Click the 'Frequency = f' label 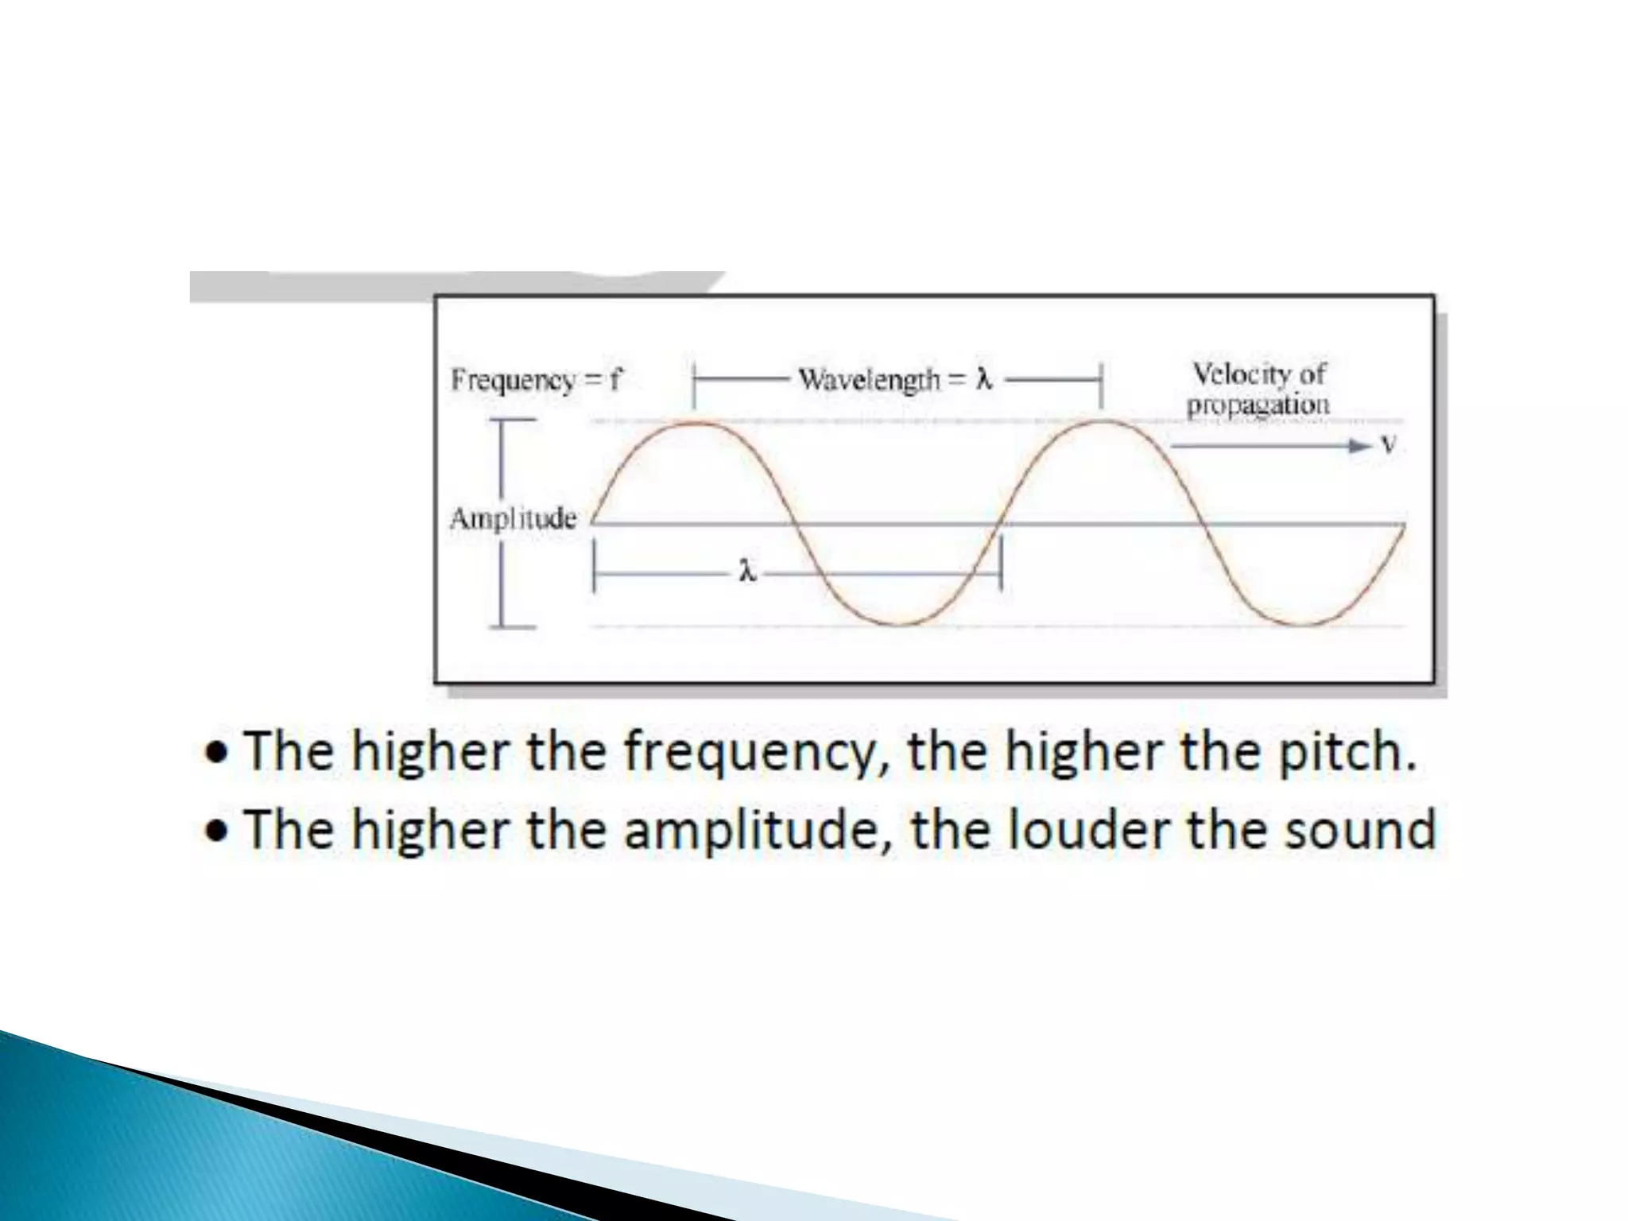click(537, 381)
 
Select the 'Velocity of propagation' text click(1258, 389)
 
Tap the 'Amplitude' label click(514, 519)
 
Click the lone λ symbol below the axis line click(746, 572)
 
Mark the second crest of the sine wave click(1101, 422)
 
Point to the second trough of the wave click(1304, 624)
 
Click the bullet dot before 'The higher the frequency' click(215, 754)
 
